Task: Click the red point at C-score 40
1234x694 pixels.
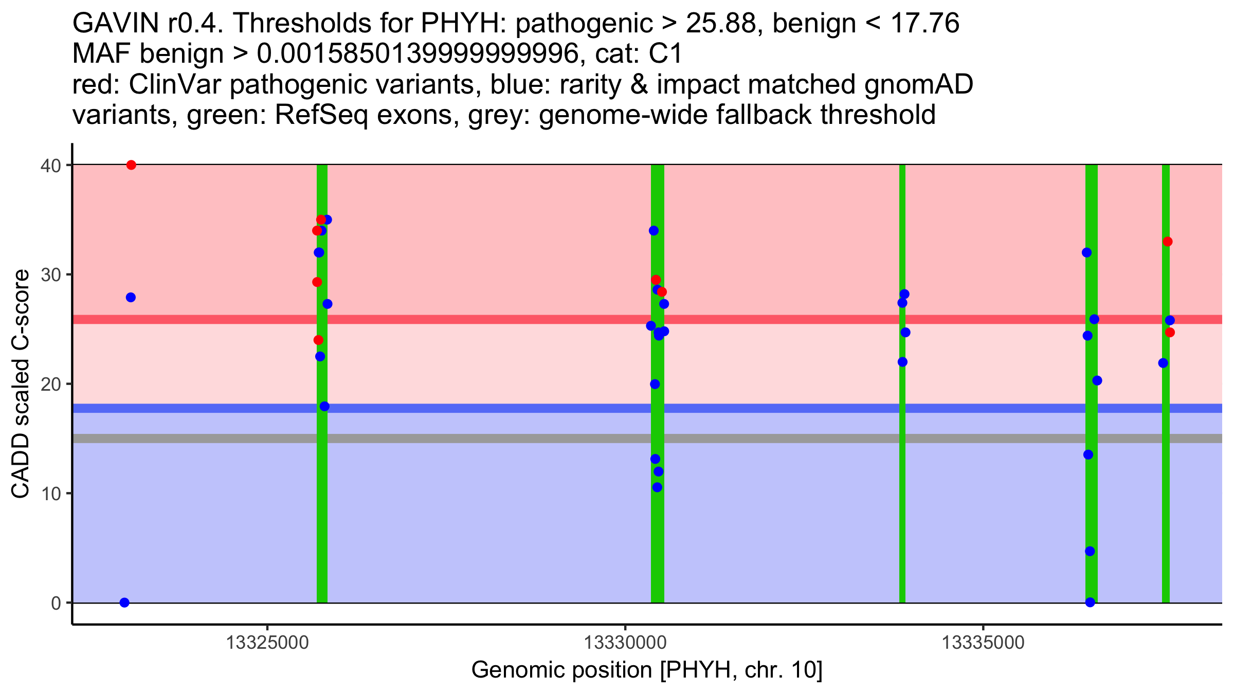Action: click(x=131, y=165)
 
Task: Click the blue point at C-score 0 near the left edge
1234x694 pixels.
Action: click(x=124, y=602)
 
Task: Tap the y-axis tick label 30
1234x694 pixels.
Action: click(x=50, y=275)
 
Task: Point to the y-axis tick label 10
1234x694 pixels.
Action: click(x=50, y=494)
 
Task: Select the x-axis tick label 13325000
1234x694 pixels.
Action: click(x=267, y=643)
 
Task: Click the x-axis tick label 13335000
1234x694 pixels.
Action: click(x=984, y=643)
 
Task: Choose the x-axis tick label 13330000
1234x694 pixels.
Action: click(x=625, y=643)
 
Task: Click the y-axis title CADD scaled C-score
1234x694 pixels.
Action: click(x=21, y=384)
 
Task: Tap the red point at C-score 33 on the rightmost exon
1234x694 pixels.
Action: click(x=1168, y=242)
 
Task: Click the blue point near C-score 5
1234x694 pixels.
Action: click(x=1090, y=551)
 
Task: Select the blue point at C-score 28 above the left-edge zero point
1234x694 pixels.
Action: click(x=131, y=298)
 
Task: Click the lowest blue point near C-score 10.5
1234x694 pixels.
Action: click(x=657, y=487)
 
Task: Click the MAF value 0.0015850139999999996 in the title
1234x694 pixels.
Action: click(x=418, y=54)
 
